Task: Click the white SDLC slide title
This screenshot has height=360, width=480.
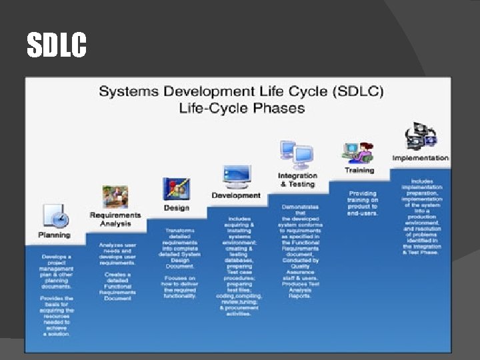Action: [57, 45]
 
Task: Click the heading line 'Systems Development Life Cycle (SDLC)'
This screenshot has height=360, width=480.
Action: [241, 91]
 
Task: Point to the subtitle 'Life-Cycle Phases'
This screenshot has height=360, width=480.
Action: [241, 108]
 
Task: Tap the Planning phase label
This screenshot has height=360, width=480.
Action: [54, 235]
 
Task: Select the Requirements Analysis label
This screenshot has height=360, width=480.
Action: [115, 219]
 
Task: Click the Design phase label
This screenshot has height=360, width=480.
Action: [177, 207]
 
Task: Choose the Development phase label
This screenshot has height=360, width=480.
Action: [236, 195]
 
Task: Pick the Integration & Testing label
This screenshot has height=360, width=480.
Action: [297, 180]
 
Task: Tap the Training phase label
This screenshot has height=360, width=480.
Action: [359, 170]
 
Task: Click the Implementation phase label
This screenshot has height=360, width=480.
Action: [420, 158]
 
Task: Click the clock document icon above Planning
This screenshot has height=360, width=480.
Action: [55, 217]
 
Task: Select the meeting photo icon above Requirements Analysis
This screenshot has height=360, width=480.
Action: [115, 197]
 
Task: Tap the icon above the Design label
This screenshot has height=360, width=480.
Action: [177, 189]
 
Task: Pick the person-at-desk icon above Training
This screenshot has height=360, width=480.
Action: [359, 151]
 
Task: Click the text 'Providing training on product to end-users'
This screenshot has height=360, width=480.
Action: [363, 203]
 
